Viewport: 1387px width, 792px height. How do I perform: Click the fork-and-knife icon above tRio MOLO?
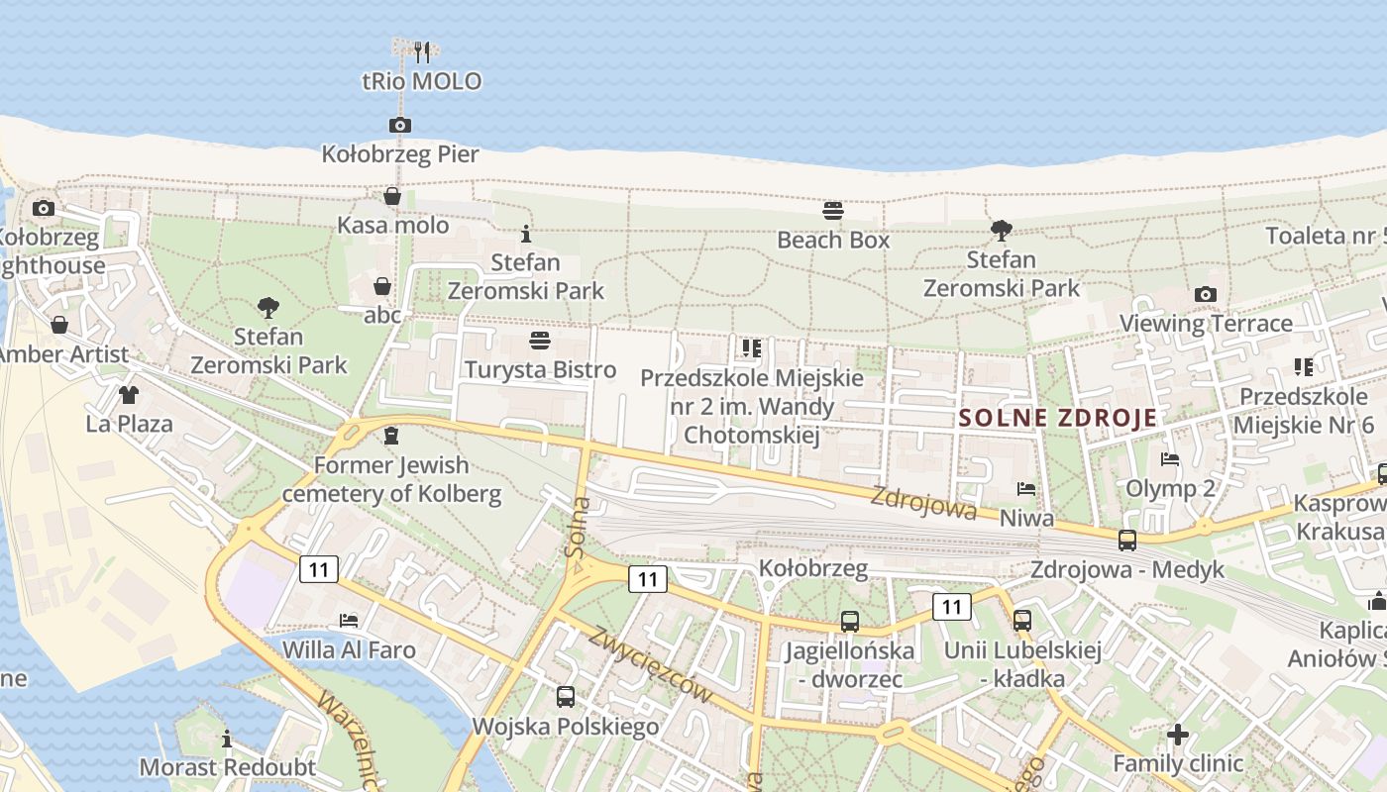pos(422,51)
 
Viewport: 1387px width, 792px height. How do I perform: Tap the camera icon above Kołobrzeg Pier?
pos(399,125)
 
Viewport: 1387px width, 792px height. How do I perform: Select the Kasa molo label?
pos(393,226)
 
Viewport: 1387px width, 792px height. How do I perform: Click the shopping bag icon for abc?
pos(382,287)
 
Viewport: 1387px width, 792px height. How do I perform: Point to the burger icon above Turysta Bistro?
pos(540,342)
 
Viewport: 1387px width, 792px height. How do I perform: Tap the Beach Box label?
pos(833,240)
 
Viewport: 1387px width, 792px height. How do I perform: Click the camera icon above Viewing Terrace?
pos(1206,294)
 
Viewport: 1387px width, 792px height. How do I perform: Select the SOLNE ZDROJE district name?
pos(1057,418)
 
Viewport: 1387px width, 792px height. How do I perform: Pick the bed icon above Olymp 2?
pos(1170,459)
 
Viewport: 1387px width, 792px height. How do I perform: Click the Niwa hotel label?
pos(1026,518)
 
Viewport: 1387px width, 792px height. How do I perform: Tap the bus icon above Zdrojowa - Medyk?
pos(1127,541)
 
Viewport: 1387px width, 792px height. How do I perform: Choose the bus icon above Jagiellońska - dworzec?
pos(850,622)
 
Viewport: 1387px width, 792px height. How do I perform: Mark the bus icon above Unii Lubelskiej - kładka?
pos(1022,621)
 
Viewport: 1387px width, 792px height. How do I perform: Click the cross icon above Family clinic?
pos(1177,735)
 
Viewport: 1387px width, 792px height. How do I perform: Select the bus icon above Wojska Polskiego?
pos(565,697)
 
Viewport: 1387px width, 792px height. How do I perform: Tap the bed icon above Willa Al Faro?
pos(349,621)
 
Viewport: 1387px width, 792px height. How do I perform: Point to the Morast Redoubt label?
pos(227,767)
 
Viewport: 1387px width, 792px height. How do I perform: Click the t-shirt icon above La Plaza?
pos(129,395)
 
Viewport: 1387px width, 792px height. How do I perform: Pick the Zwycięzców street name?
pos(650,665)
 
